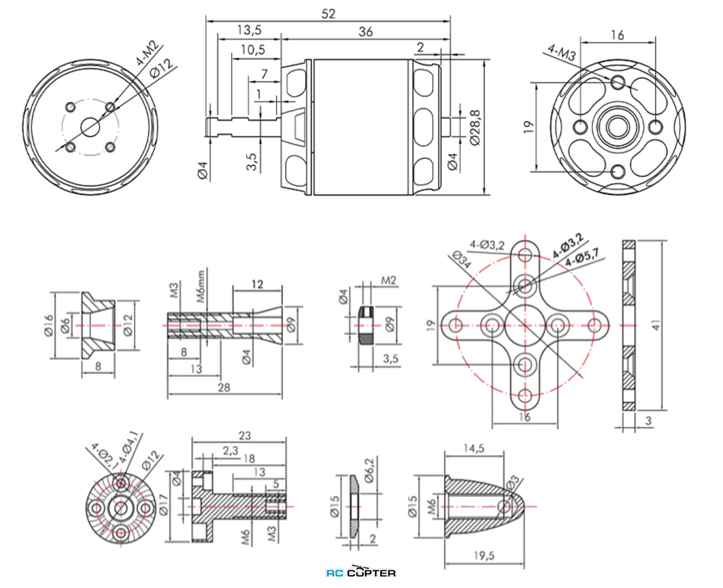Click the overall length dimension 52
pos(328,13)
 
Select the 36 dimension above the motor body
pos(365,32)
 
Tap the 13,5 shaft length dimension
pos(249,30)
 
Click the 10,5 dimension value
pos(253,50)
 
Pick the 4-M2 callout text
pos(146,53)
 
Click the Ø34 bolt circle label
pos(462,259)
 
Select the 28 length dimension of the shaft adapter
pos(224,387)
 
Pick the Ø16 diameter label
pos(48,325)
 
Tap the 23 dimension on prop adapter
pos(244,436)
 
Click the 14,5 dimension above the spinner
pos(474,448)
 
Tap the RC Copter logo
pos(361,572)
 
